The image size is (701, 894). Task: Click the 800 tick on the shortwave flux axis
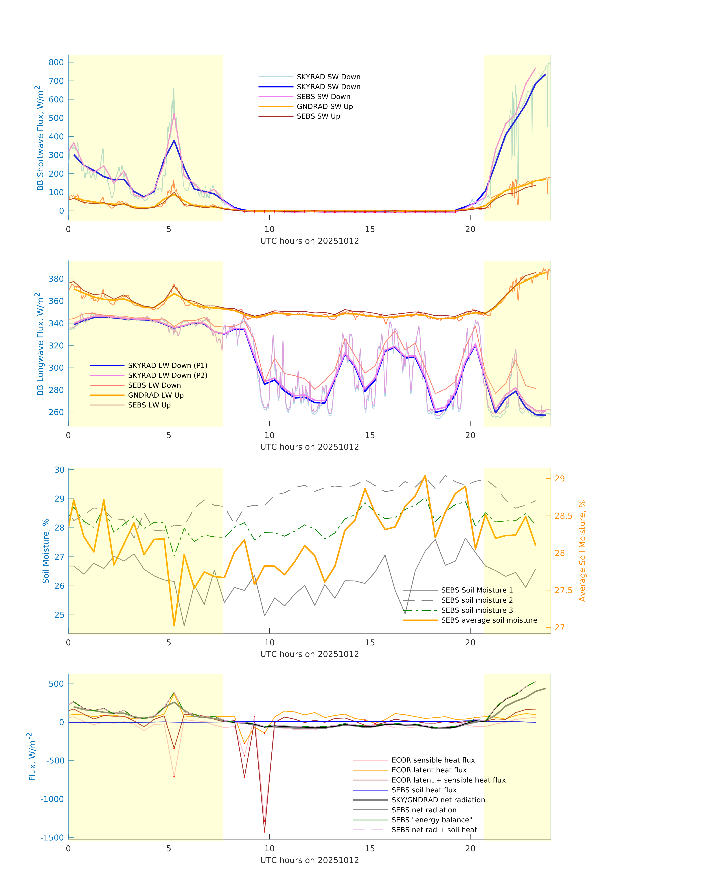[56, 62]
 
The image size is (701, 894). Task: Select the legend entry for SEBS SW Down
[323, 96]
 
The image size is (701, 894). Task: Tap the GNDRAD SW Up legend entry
[325, 106]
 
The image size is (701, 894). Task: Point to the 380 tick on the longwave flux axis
[56, 279]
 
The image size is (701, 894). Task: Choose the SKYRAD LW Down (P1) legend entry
[168, 365]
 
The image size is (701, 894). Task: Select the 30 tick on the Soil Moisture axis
[60, 470]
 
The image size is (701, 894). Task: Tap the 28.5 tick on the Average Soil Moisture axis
[563, 516]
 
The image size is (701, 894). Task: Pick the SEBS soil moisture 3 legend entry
[476, 610]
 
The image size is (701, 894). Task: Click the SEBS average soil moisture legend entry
[489, 620]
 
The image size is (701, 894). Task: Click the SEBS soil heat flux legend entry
[424, 790]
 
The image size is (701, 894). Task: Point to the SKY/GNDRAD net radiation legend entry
[438, 800]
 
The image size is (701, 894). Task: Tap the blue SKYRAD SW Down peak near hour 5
[174, 140]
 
